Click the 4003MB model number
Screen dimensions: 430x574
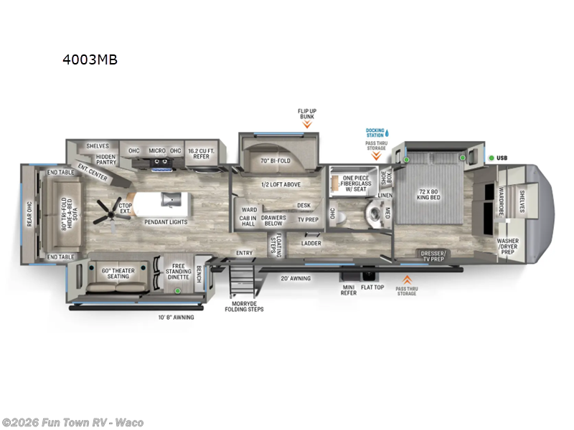(x=90, y=59)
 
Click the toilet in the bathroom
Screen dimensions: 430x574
(x=373, y=211)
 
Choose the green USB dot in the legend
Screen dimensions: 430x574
(x=491, y=158)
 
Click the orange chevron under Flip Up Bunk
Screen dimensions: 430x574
(x=306, y=124)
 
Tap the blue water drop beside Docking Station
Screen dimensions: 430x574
(x=387, y=133)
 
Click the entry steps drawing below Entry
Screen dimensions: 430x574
(x=241, y=282)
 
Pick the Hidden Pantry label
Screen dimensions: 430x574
(x=105, y=159)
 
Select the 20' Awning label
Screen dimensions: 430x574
(x=295, y=278)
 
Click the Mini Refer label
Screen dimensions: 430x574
(x=349, y=290)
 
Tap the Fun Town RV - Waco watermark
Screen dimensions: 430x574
(x=72, y=421)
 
